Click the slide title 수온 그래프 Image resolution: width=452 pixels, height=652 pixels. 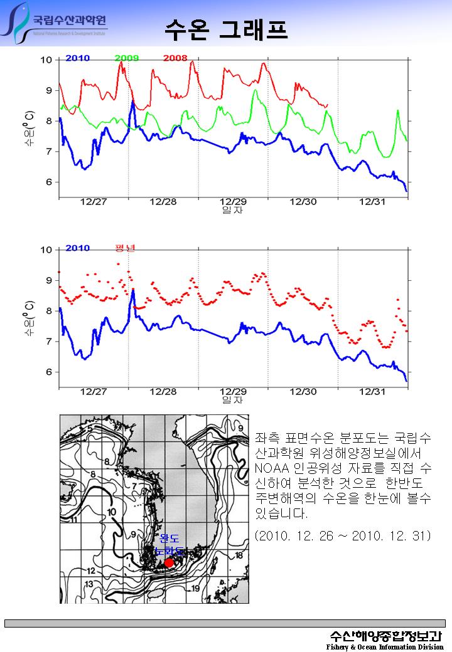pos(226,28)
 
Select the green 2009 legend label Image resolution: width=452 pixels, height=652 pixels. pos(127,58)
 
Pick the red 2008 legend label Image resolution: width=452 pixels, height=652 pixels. pos(175,58)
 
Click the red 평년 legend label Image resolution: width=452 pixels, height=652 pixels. pos(125,248)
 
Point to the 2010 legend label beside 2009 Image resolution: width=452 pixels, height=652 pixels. pos(77,58)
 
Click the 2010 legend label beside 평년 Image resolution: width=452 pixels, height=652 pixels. pos(77,248)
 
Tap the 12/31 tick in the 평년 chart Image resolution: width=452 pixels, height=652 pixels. pos(372,391)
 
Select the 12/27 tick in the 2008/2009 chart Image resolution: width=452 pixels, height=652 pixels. pos(94,201)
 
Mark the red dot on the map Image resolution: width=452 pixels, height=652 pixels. pos(169,562)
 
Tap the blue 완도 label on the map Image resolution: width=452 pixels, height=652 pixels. pos(169,539)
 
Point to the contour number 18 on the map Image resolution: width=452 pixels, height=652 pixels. pos(239,555)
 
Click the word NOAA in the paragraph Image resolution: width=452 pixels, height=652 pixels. pos(271,469)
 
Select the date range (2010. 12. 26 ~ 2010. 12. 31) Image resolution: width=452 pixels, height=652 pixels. pos(343,536)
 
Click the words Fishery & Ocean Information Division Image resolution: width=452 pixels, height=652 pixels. pos(384,646)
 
